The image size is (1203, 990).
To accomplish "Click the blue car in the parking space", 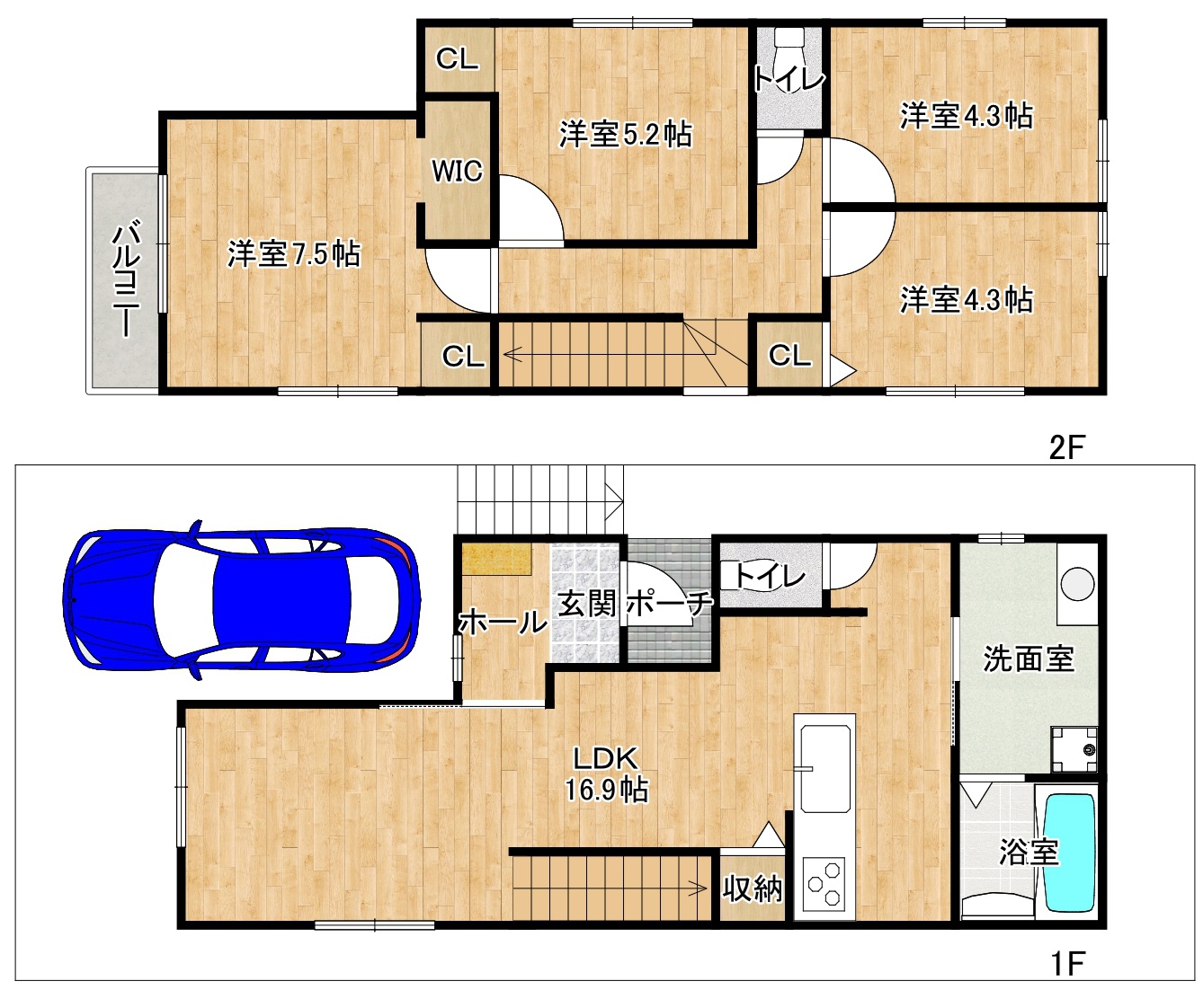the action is tap(241, 600).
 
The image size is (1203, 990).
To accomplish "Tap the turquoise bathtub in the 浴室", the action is tap(1070, 853).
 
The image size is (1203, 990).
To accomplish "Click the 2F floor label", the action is tap(1066, 447).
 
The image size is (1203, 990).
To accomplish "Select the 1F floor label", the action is tap(1067, 963).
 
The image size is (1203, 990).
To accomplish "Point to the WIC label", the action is tap(457, 171).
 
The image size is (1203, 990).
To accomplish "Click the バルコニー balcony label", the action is tap(126, 278).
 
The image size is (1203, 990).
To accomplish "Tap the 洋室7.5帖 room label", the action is tap(294, 254).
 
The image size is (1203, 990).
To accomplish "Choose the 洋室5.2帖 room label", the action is tap(626, 134).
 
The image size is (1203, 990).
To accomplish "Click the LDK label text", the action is tap(605, 758).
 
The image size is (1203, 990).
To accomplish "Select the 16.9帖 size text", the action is tap(606, 790).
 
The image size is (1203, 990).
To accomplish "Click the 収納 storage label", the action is tap(753, 888).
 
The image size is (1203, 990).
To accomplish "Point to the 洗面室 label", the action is tap(1029, 659).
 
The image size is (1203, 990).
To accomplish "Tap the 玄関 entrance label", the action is tap(587, 604).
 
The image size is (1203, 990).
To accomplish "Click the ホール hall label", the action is tap(503, 623).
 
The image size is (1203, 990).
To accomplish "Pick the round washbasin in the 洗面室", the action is tap(1077, 584).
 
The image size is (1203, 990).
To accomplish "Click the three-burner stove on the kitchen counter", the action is tap(824, 885).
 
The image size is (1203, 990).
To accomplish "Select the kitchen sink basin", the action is tap(824, 769).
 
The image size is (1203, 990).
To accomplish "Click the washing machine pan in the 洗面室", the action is tap(1074, 749).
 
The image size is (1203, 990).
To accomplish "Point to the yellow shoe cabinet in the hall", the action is tap(496, 559).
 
